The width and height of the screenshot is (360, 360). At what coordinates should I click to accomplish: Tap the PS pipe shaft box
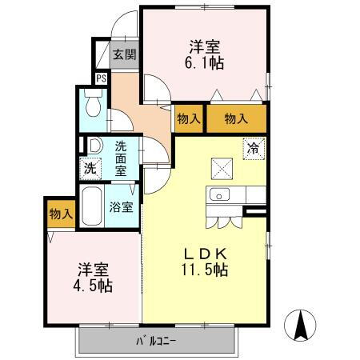click(x=102, y=78)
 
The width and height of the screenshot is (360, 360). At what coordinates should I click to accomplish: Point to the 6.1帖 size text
click(x=206, y=65)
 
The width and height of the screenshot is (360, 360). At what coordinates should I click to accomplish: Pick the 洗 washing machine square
click(x=90, y=168)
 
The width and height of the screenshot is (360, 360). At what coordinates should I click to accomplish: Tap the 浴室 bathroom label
click(x=122, y=206)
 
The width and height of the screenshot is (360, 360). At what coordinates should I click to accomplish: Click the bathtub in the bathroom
click(x=93, y=207)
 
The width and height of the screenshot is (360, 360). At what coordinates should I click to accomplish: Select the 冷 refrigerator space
click(x=254, y=148)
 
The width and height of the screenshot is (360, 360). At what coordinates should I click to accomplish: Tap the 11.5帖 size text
click(x=206, y=270)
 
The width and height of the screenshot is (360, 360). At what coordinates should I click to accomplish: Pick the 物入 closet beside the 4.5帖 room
click(x=61, y=214)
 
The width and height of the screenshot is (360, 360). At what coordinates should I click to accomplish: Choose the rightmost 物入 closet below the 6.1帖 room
click(x=236, y=118)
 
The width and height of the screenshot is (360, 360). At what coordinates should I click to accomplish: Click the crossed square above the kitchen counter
click(x=221, y=168)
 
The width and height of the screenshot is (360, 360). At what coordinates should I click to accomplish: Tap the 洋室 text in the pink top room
click(x=206, y=46)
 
